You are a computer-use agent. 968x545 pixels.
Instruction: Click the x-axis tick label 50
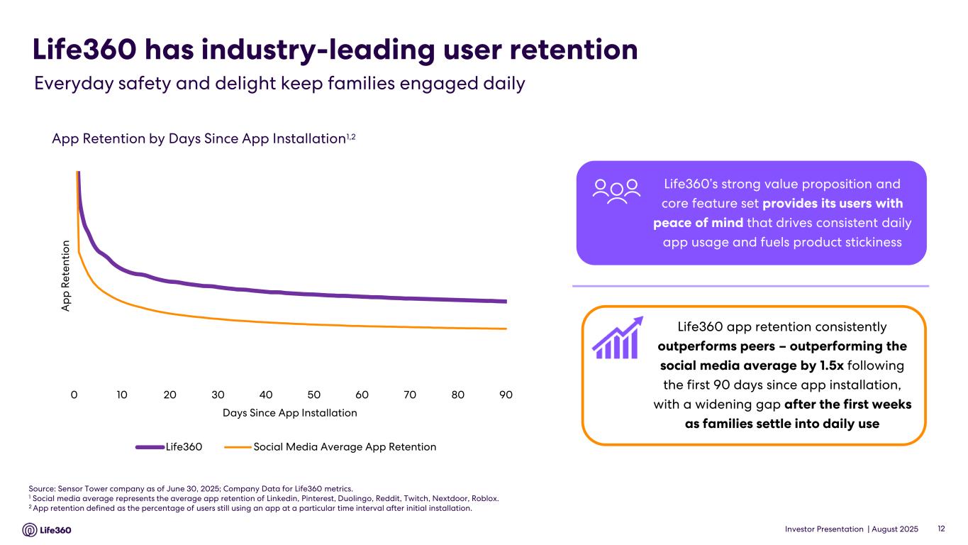[314, 395]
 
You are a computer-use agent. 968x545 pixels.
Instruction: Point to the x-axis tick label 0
[74, 395]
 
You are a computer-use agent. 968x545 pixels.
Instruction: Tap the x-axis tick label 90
[506, 395]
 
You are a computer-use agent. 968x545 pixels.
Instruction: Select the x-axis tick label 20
[170, 395]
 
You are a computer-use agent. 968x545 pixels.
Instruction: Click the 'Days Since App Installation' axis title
[289, 412]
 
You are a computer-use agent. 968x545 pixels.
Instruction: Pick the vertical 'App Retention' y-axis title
[66, 276]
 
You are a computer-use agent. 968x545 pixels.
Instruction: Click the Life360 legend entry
[169, 447]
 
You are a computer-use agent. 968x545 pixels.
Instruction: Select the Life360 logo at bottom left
[48, 530]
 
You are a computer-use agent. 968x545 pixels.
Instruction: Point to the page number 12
[942, 529]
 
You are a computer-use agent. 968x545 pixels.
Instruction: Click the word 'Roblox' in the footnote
[484, 498]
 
